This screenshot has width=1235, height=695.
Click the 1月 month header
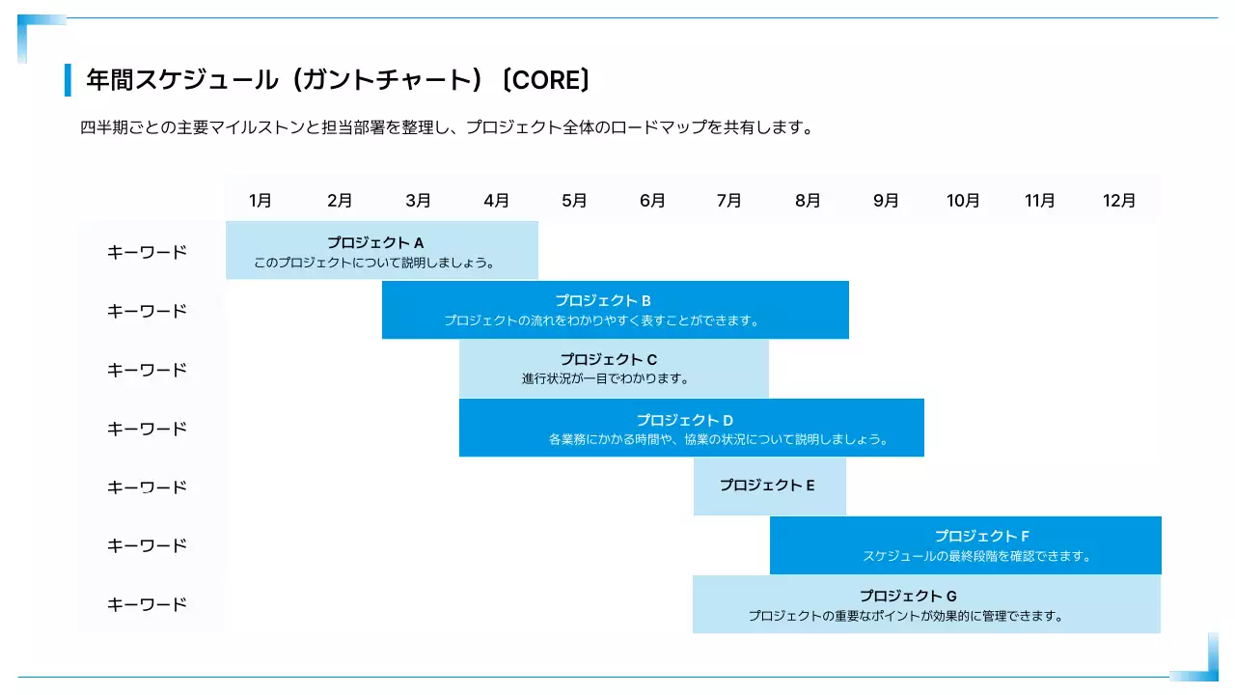tap(261, 201)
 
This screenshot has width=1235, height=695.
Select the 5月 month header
tap(574, 201)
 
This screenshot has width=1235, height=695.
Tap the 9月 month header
tap(886, 201)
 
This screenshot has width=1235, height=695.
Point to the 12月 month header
tap(1119, 201)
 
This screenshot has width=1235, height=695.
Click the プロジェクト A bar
tap(382, 251)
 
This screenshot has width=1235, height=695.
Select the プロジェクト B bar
tap(615, 310)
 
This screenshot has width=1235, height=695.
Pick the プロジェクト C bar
tap(614, 369)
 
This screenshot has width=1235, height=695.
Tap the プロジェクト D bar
tap(691, 428)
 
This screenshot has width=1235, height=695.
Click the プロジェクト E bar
tap(769, 486)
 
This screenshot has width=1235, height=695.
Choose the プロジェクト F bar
tap(965, 545)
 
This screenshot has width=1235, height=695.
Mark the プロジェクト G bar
tap(926, 604)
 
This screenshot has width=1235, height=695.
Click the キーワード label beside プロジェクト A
tap(147, 252)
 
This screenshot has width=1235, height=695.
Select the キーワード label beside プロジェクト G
tap(147, 604)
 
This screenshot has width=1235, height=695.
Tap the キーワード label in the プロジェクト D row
tap(147, 429)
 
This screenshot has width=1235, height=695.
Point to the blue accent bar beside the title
tap(69, 80)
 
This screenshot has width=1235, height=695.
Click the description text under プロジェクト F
tap(976, 556)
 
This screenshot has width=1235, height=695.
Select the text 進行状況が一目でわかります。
tap(606, 378)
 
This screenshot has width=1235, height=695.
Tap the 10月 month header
tap(963, 201)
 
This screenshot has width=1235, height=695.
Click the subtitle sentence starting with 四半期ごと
tap(447, 127)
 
